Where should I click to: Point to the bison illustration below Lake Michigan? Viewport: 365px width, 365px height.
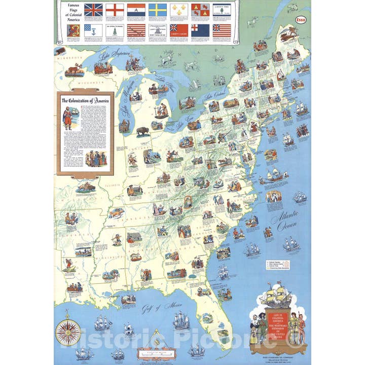click(x=142, y=130)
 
